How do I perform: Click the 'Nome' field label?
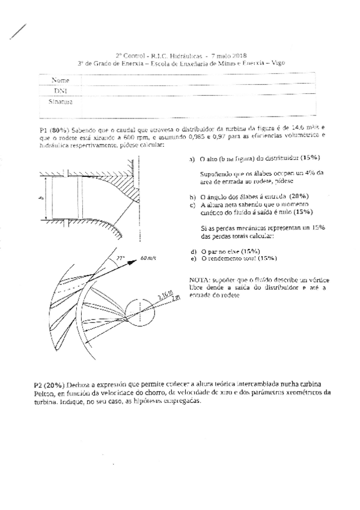(60, 80)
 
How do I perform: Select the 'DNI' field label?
(59, 91)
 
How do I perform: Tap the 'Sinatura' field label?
(61, 102)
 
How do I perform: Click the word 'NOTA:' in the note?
(200, 280)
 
